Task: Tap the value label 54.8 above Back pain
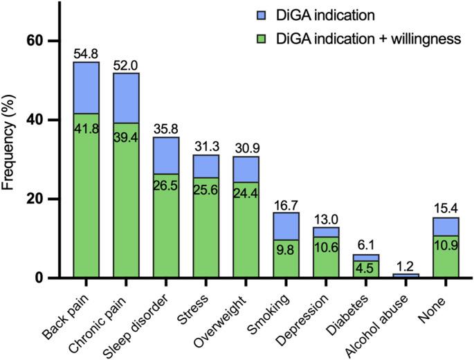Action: coord(86,54)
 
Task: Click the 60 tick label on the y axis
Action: coord(35,41)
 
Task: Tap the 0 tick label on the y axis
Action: coord(40,278)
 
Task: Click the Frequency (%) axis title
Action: coord(10,160)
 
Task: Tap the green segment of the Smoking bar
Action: coord(286,260)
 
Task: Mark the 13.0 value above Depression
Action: coord(326,219)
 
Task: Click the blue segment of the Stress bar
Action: coord(206,165)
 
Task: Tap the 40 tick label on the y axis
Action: coord(35,120)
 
